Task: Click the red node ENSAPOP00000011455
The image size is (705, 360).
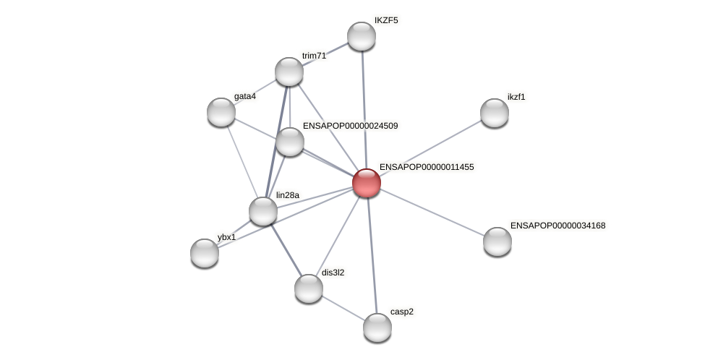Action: (367, 182)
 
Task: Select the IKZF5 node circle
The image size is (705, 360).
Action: (362, 36)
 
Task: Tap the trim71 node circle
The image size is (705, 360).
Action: (289, 72)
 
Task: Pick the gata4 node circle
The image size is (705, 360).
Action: (221, 111)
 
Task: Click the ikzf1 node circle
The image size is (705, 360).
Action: (495, 112)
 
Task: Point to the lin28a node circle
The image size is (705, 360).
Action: (263, 211)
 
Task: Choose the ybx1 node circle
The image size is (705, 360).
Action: (205, 252)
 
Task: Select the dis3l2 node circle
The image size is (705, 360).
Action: (309, 288)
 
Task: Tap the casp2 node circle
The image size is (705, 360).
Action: (377, 327)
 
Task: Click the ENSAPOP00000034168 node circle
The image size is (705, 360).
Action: (497, 241)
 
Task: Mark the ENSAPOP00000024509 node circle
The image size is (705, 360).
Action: (290, 142)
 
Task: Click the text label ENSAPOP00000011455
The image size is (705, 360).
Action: (427, 167)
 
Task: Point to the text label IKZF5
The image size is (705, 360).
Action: (385, 20)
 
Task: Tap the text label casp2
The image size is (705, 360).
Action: (401, 312)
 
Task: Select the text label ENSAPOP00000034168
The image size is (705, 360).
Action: (557, 226)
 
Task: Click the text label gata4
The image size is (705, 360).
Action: (244, 96)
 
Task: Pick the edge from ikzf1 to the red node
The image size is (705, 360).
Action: (431, 147)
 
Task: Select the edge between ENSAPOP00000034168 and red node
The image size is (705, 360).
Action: (432, 212)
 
